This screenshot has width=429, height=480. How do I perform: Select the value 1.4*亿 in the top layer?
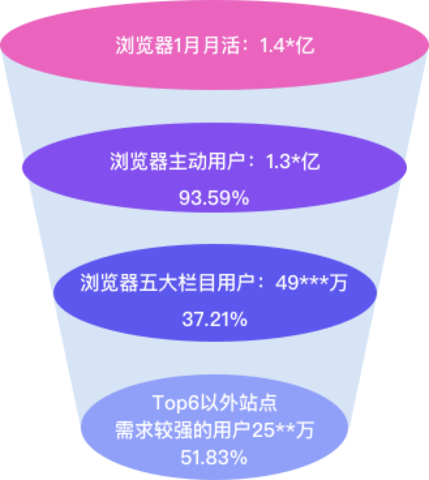pyautogui.click(x=288, y=47)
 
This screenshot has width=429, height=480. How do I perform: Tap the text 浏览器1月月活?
pyautogui.click(x=183, y=47)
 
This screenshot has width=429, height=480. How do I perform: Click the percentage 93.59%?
pyautogui.click(x=214, y=197)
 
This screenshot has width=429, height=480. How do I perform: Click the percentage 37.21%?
pyautogui.click(x=214, y=320)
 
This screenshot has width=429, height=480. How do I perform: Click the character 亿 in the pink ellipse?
pyautogui.click(x=307, y=47)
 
